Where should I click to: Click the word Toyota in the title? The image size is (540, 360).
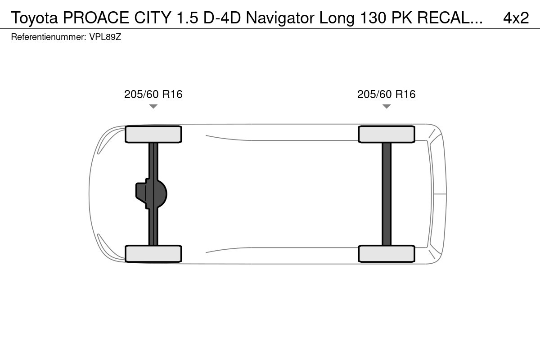coord(35,18)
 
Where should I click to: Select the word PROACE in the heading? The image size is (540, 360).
coord(96,18)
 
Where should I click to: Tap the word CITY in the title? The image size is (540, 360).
coord(153,18)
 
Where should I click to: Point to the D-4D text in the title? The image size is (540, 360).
coord(222,18)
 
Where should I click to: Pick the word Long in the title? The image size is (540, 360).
coord(337,18)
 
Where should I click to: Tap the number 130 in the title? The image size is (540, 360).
coord(373,18)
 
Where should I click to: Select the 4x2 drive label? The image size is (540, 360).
coord(516,18)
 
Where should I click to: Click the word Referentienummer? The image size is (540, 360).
coord(49,37)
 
